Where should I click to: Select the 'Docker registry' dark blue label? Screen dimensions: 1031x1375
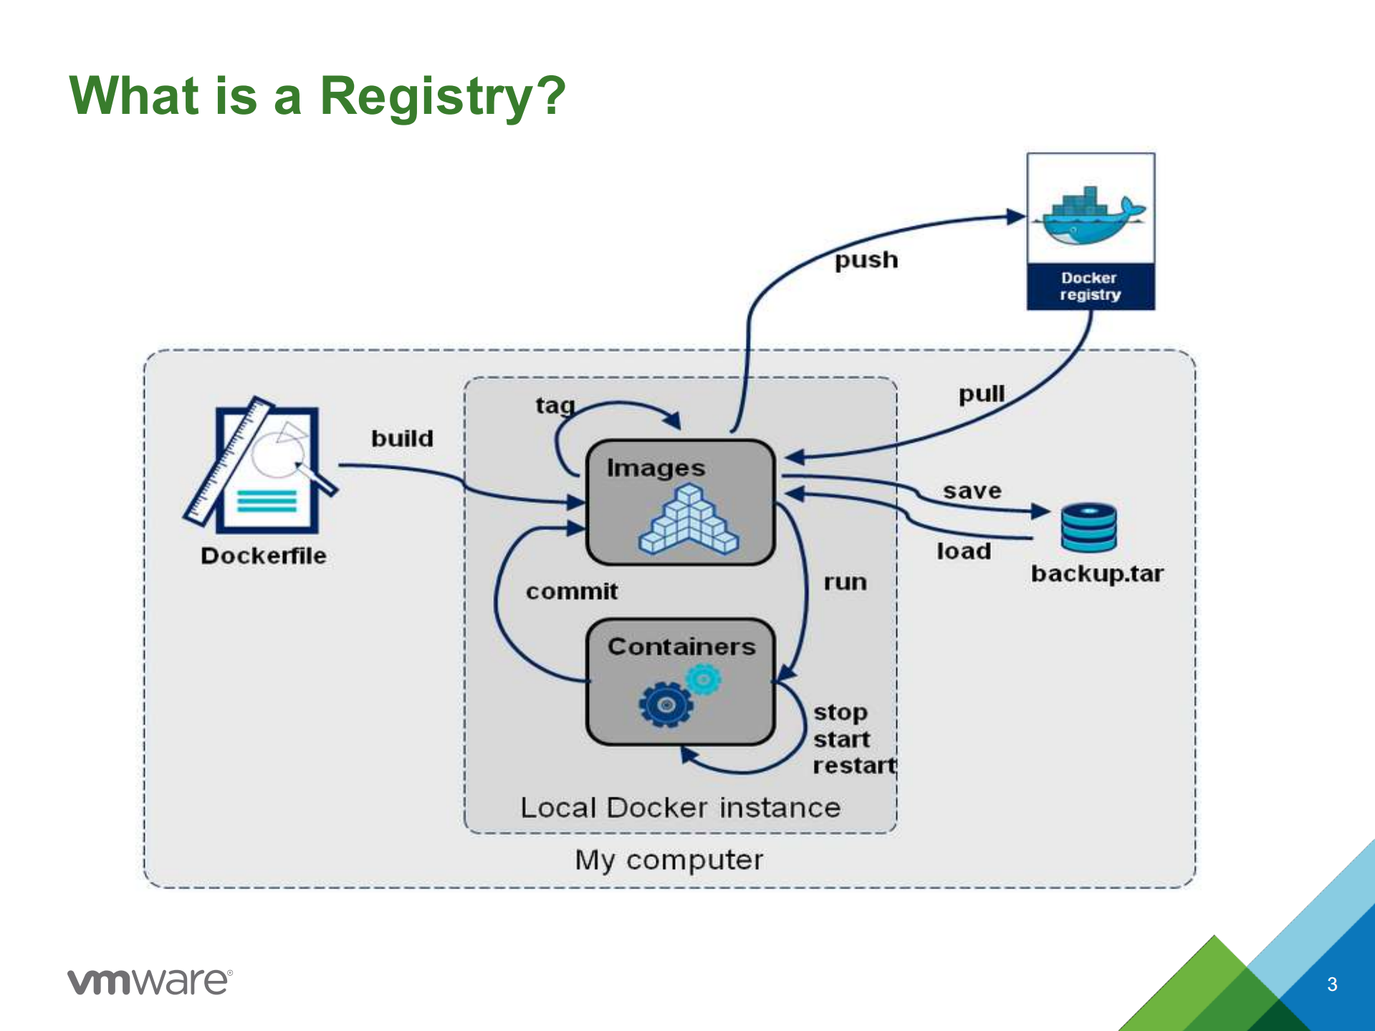(x=1090, y=287)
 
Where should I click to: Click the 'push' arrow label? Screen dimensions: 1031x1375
(x=866, y=260)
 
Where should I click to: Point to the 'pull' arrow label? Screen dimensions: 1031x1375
(x=982, y=394)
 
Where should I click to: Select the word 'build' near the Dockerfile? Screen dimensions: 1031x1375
(x=402, y=438)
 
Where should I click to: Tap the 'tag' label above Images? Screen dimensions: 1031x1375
(x=555, y=406)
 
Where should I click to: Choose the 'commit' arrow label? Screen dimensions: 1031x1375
(x=571, y=592)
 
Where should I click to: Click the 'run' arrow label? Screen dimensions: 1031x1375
(x=845, y=582)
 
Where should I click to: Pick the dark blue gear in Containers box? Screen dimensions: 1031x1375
(x=666, y=705)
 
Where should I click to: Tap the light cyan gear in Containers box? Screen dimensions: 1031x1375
(x=704, y=678)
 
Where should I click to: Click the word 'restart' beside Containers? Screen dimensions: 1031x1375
(x=854, y=766)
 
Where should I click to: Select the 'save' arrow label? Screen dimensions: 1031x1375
(x=972, y=491)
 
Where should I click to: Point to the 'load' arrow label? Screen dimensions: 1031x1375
(x=964, y=551)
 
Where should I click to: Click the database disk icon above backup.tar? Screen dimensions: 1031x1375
(x=1088, y=527)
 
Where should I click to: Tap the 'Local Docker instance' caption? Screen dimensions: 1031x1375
(x=680, y=808)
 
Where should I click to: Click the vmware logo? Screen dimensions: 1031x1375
(x=150, y=981)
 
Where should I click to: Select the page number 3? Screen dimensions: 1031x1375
(x=1331, y=984)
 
